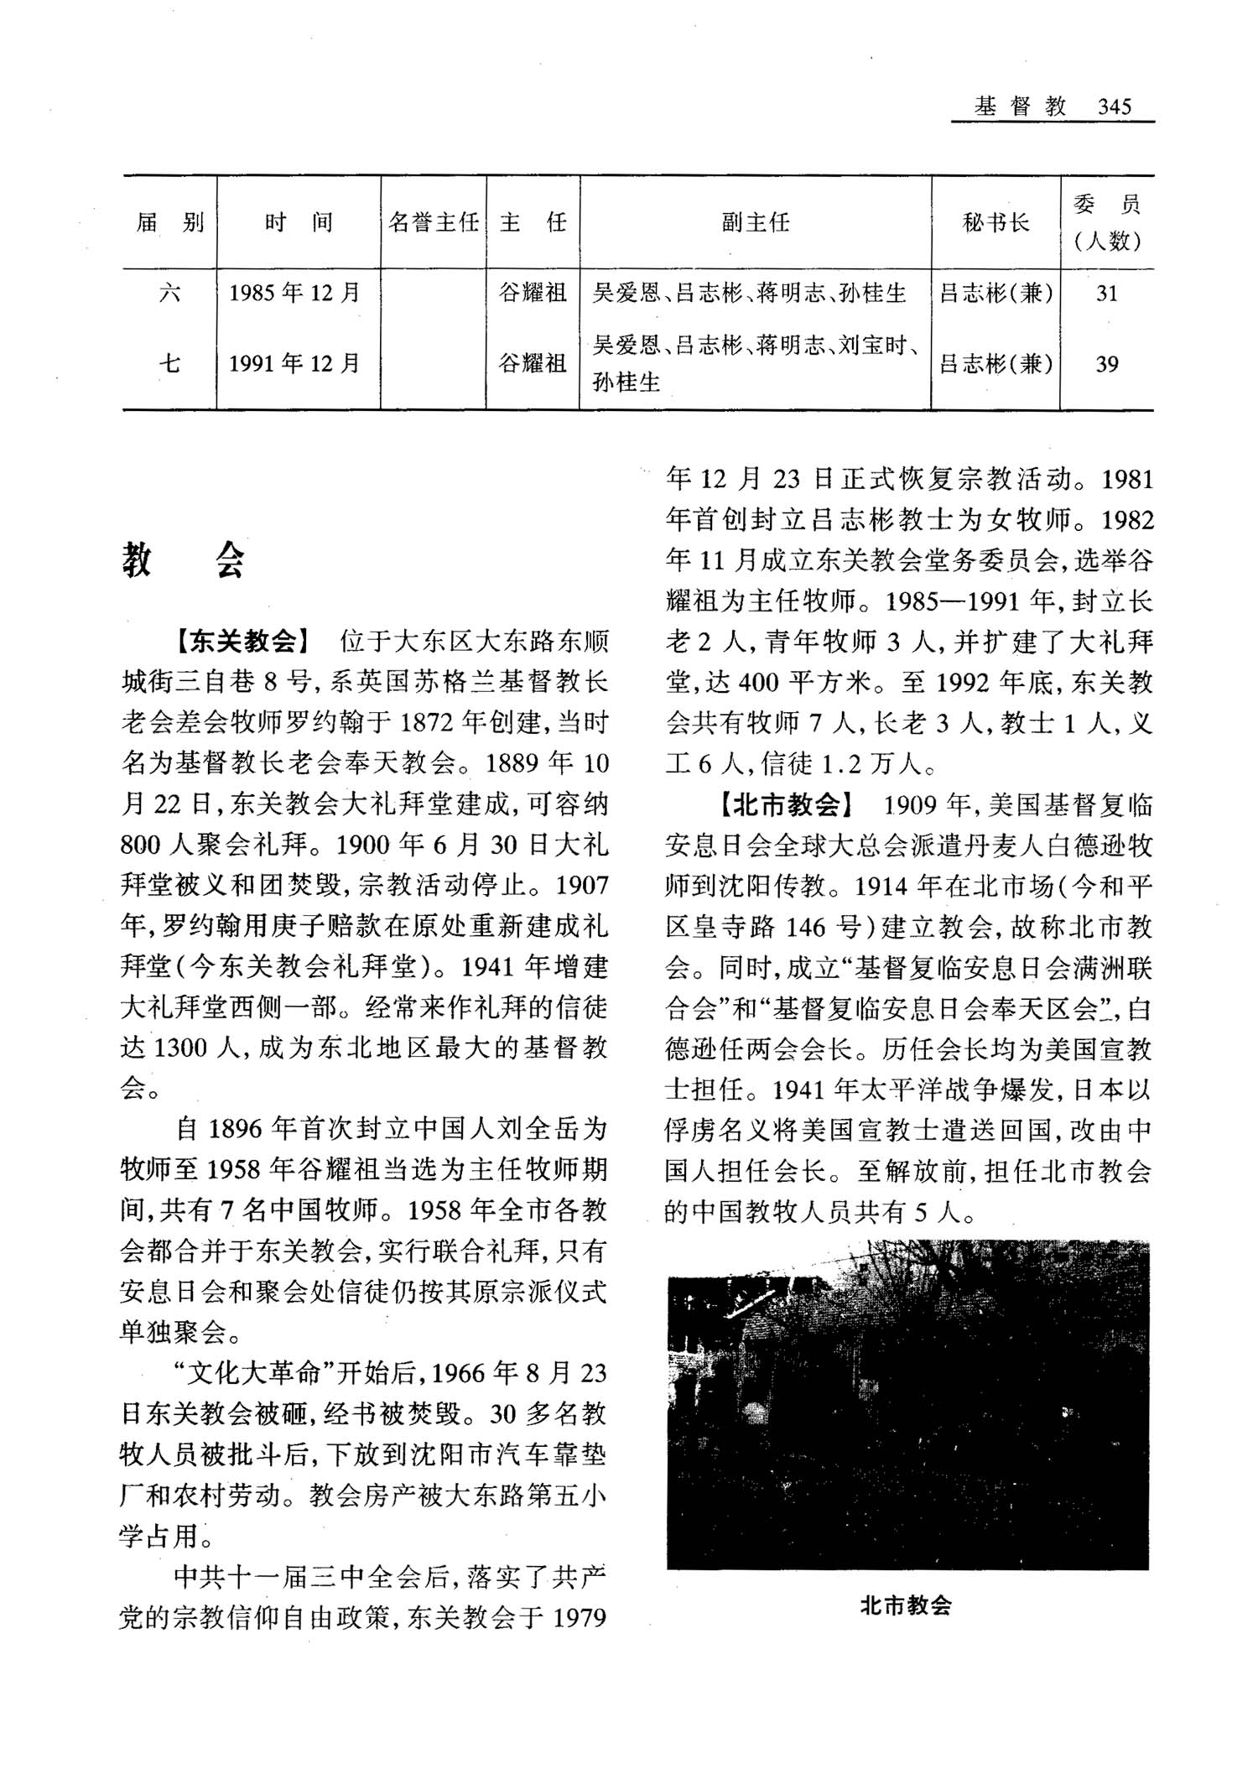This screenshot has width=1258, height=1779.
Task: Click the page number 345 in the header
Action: [1114, 107]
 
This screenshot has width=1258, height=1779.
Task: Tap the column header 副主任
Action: [755, 223]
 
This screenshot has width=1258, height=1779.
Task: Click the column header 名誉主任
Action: [434, 223]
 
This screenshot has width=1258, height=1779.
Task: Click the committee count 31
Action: [1106, 293]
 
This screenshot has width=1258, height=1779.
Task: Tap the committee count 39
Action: [1106, 364]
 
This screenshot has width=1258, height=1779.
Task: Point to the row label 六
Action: [169, 293]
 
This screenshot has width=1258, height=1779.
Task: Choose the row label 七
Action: [169, 364]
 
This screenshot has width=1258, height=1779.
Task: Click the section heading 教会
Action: [184, 559]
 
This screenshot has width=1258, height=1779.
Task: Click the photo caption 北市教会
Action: [906, 1606]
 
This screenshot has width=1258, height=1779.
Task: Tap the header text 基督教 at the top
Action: [1020, 107]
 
